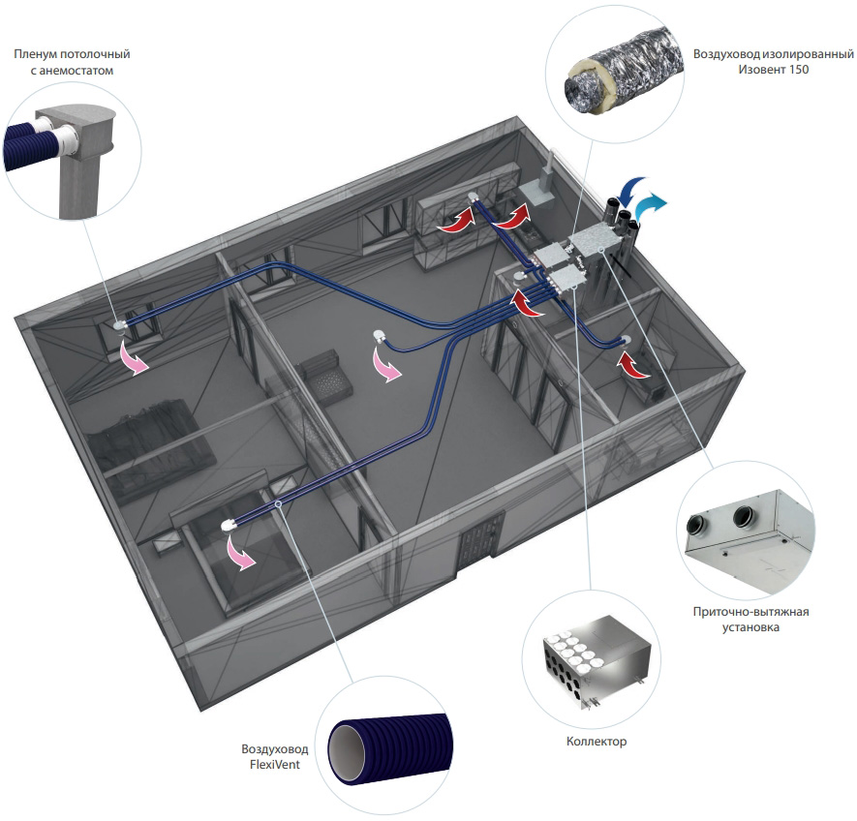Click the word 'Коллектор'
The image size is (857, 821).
pyautogui.click(x=597, y=742)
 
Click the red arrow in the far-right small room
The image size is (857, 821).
pyautogui.click(x=634, y=366)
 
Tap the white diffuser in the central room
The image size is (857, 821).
pyautogui.click(x=380, y=337)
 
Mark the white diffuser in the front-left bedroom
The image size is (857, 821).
pyautogui.click(x=229, y=525)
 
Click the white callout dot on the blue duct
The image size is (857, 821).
pyautogui.click(x=278, y=504)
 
